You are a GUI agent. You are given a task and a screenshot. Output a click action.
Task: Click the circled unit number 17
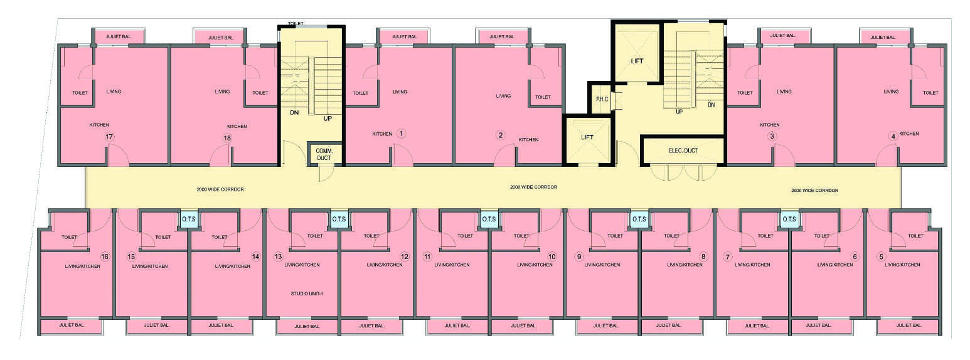tap(109, 137)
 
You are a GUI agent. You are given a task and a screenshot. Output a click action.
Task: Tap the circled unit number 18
tap(227, 138)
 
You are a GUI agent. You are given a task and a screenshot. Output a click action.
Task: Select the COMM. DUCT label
tap(324, 154)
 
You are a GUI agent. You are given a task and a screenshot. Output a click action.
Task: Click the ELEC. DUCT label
tap(683, 151)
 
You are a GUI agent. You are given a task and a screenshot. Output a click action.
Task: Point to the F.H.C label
tap(602, 99)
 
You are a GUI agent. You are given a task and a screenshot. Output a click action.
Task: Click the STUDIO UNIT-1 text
tap(307, 294)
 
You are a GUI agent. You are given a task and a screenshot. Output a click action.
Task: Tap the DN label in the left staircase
tap(294, 112)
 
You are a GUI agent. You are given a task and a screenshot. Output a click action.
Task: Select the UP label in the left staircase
tap(328, 119)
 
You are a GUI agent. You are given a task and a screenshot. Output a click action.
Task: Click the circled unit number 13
tap(278, 257)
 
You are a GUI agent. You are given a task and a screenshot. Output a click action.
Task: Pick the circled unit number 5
tap(881, 257)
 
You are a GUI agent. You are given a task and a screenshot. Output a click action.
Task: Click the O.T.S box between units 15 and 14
tap(189, 220)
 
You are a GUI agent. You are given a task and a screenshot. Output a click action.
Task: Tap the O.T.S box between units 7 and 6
tap(789, 220)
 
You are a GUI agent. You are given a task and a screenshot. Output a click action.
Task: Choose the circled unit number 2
tap(501, 135)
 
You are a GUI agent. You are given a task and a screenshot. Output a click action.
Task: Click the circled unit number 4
tap(893, 136)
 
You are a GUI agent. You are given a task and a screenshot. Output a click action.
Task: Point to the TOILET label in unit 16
tap(69, 237)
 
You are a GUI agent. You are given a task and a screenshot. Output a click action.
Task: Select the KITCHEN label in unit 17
tap(99, 125)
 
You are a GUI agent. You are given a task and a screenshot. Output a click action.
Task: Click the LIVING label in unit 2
tap(503, 96)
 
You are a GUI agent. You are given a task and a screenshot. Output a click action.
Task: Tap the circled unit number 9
tap(579, 257)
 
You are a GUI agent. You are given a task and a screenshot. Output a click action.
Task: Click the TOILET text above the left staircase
tap(296, 23)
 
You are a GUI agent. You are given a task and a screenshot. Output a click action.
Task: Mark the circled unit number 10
tap(552, 257)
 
